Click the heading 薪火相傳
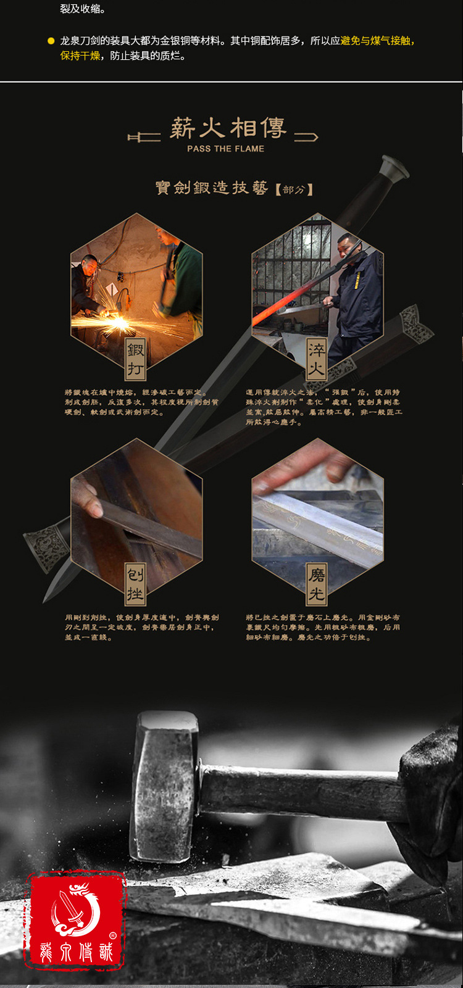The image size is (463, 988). (x=228, y=128)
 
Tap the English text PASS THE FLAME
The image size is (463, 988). (x=225, y=149)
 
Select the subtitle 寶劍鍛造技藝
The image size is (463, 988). (x=211, y=188)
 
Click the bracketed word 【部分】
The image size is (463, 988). (x=294, y=189)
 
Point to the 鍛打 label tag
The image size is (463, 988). (x=136, y=359)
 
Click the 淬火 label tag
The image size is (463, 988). (x=317, y=359)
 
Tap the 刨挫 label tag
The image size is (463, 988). (x=135, y=584)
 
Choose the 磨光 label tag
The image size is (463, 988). (x=317, y=584)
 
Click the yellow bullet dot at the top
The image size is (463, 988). (x=51, y=41)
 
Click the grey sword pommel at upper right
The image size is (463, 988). (x=393, y=167)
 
